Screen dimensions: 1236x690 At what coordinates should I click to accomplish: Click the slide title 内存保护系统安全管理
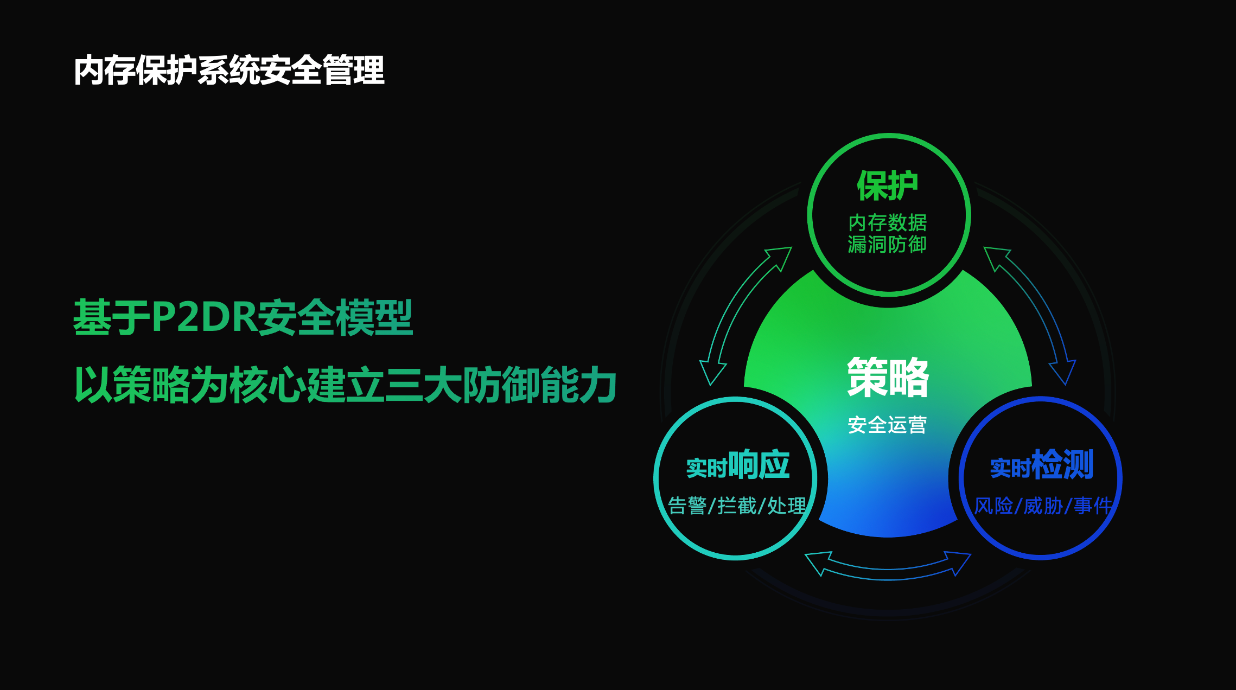click(x=229, y=70)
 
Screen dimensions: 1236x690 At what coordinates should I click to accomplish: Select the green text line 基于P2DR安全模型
click(x=243, y=317)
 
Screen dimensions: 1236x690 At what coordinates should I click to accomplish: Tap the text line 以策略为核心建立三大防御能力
click(x=346, y=384)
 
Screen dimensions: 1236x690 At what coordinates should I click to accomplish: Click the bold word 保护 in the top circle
click(x=888, y=186)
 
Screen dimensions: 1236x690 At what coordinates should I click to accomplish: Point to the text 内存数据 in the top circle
click(x=888, y=222)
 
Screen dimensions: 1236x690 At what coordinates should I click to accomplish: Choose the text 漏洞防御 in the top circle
click(x=888, y=244)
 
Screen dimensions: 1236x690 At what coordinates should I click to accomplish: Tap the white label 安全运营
click(x=888, y=425)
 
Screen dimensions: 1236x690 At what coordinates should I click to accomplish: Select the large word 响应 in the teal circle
click(x=759, y=464)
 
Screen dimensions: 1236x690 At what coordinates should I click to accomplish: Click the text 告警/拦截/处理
click(x=737, y=506)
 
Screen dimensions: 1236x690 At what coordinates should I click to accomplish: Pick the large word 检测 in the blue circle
click(x=1062, y=464)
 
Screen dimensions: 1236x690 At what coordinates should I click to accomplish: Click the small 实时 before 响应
click(x=706, y=468)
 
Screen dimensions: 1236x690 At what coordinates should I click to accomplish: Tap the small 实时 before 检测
click(x=1010, y=468)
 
